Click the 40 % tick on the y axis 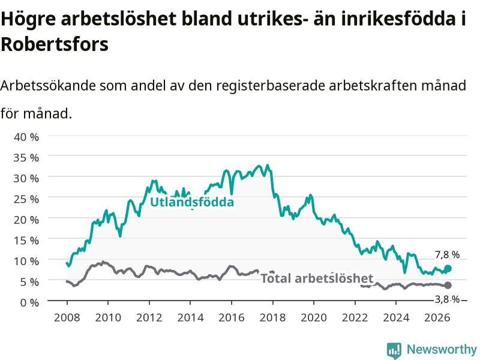pos(26,137)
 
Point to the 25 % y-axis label pos(26,199)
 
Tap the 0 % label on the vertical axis pos(29,302)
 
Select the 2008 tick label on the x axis pos(67,317)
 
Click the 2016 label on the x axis pos(232,317)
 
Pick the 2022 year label pos(355,317)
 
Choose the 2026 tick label pos(437,317)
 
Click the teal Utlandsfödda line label pos(192,202)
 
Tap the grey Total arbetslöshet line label pos(317,278)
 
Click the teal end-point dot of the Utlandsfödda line pos(448,268)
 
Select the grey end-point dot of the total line pos(448,286)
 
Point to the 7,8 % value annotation pos(447,254)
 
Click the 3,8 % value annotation pos(447,299)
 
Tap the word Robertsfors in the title pos(55,44)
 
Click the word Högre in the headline pos(28,19)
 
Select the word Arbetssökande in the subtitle pos(48,85)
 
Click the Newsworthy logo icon pos(394,350)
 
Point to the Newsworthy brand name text pos(442,349)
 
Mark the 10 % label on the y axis pos(26,261)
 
